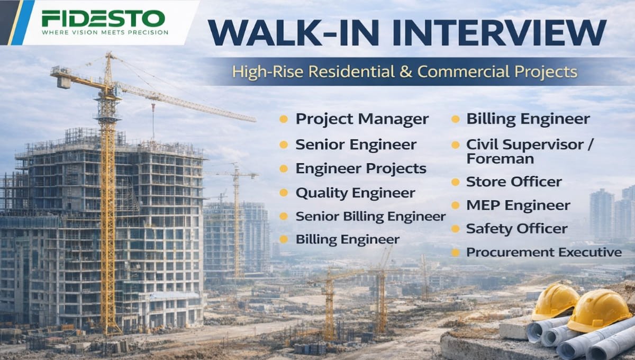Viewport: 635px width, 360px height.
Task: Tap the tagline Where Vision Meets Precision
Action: [x=105, y=32]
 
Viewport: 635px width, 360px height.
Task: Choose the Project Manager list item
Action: [x=362, y=119]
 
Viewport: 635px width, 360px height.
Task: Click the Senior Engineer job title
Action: [x=356, y=145]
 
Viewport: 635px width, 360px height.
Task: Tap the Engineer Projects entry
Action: [x=361, y=168]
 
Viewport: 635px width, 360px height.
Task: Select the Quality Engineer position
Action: [x=355, y=193]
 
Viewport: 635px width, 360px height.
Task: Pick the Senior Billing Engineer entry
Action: [x=370, y=216]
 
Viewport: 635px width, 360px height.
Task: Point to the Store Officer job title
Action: [x=513, y=182]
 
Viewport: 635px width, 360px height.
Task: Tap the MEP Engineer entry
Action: [x=518, y=205]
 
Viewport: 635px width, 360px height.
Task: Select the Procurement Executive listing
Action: [x=543, y=252]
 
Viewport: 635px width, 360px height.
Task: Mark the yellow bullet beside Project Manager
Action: [x=284, y=119]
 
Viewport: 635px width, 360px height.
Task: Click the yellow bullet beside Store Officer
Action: [x=455, y=182]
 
